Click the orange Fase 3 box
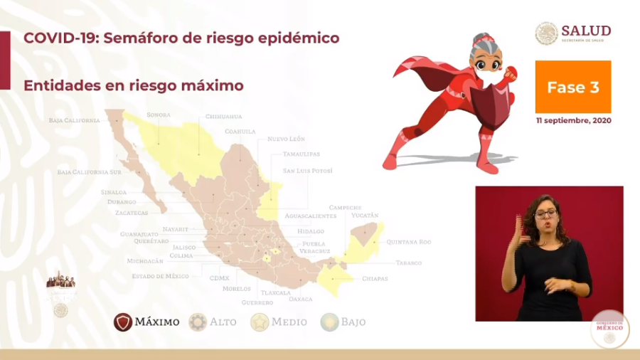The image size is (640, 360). click(572, 87)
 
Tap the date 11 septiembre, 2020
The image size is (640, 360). click(573, 120)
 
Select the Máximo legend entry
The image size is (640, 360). click(147, 322)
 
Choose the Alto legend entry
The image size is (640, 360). click(213, 322)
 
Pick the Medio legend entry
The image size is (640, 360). click(279, 322)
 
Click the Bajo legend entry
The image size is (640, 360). click(343, 322)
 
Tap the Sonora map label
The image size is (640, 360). click(159, 114)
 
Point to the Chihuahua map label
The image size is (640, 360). click(223, 116)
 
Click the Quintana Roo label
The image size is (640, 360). click(409, 242)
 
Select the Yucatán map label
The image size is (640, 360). click(364, 215)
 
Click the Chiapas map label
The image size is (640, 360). click(375, 278)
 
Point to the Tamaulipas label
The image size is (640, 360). click(301, 154)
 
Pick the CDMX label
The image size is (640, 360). click(220, 277)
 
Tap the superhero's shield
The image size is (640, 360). click(492, 102)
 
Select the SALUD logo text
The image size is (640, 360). click(585, 31)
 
